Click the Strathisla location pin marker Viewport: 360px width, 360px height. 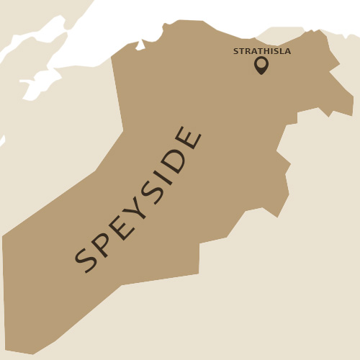[261, 65]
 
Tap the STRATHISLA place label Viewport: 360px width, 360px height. [262, 51]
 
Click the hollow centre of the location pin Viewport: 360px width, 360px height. [261, 63]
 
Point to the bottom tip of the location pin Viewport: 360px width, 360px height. [261, 74]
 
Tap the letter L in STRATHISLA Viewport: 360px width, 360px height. [282, 51]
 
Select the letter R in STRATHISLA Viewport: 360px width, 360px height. [247, 51]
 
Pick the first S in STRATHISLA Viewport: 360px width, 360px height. [235, 51]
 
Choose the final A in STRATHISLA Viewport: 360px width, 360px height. [288, 51]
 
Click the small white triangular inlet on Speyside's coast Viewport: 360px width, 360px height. [140, 46]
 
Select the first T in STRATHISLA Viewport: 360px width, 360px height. [241, 51]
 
